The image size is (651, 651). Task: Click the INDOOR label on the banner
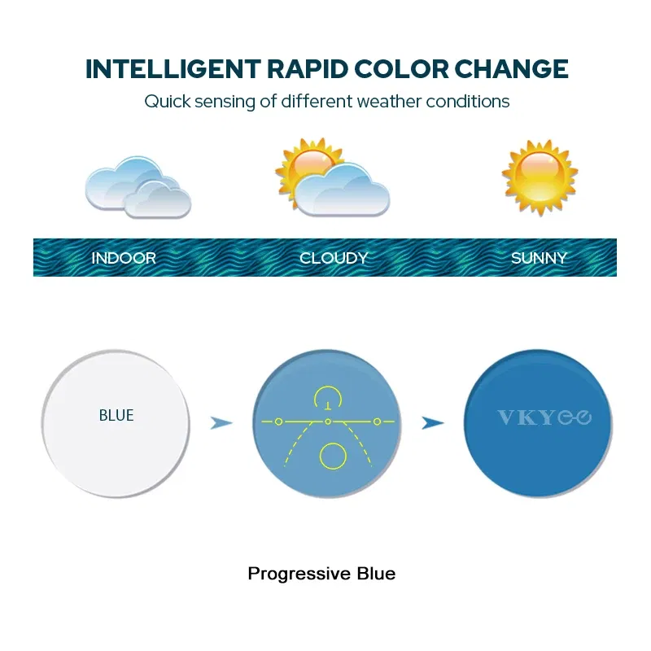tap(124, 258)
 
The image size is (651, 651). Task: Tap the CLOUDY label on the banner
tap(334, 258)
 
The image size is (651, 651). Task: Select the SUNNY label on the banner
tap(539, 258)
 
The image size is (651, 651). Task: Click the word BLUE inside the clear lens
tap(116, 415)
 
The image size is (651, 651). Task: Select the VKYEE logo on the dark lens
tap(544, 417)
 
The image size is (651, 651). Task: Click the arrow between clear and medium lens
tap(221, 422)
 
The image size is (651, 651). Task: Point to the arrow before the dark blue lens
tap(433, 422)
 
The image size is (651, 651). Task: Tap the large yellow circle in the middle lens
tap(333, 456)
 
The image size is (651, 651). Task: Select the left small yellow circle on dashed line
tap(278, 421)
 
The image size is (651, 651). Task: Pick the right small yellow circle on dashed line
tap(377, 421)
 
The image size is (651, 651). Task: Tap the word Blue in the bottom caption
tap(376, 573)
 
